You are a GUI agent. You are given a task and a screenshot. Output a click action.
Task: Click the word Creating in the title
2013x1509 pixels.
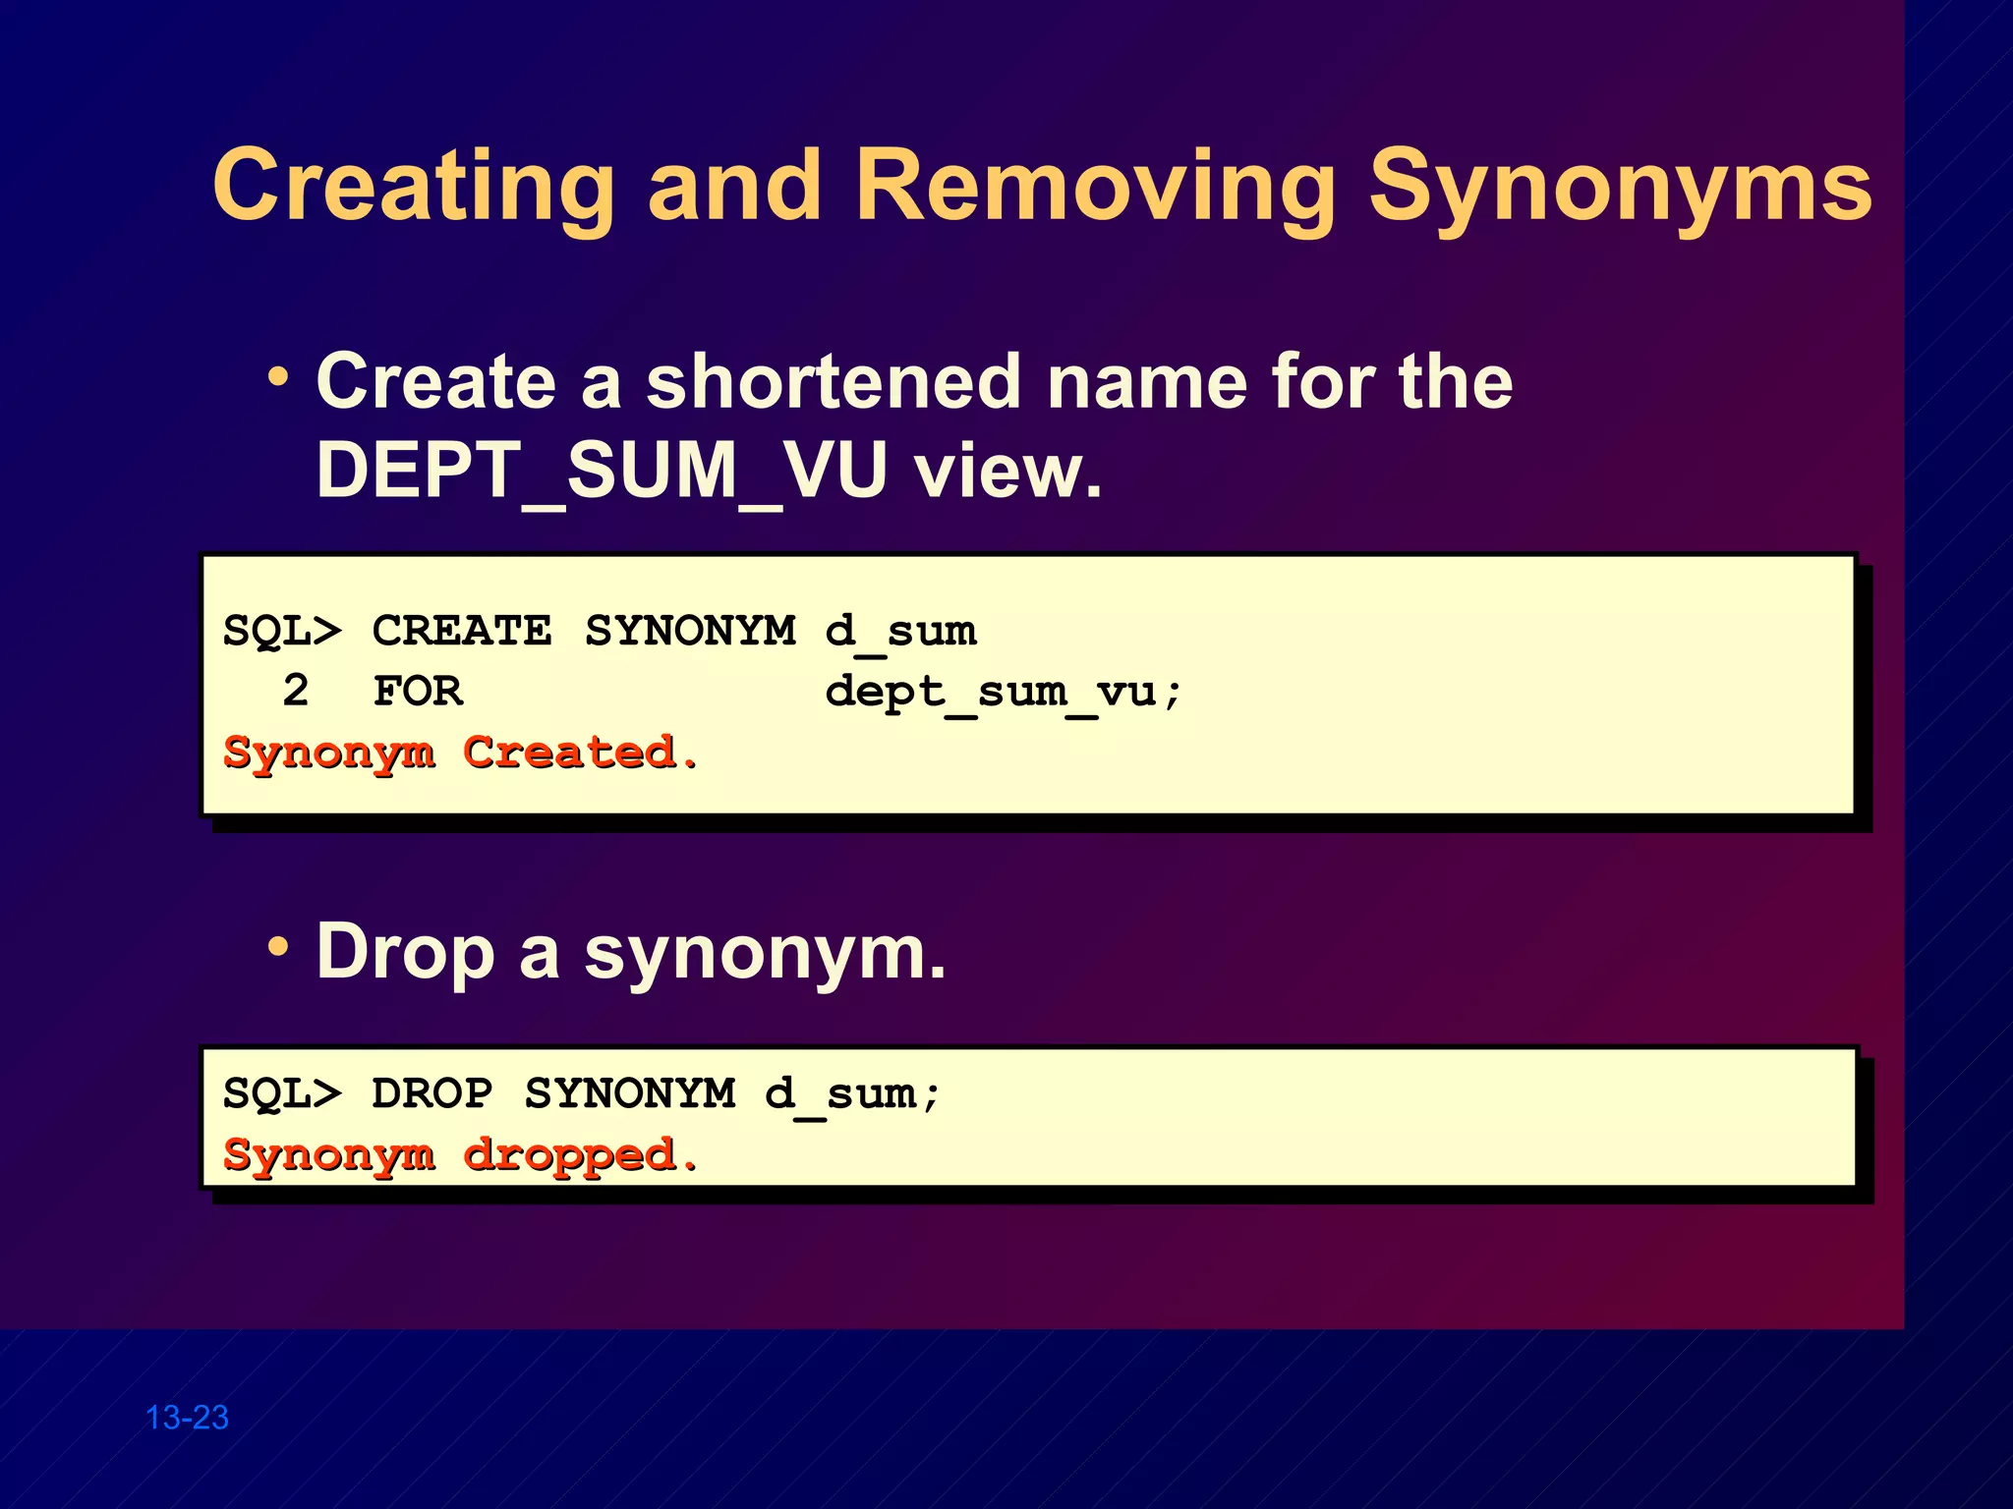[413, 187]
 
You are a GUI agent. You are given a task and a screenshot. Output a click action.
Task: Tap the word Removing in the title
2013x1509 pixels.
[1095, 187]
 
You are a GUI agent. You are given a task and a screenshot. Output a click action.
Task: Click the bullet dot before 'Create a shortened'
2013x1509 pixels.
[279, 377]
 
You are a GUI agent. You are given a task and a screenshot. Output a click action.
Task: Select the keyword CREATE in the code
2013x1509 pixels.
[462, 631]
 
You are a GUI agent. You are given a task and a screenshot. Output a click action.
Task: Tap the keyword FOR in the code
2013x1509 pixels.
[418, 692]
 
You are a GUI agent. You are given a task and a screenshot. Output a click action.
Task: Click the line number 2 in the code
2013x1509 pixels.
[295, 692]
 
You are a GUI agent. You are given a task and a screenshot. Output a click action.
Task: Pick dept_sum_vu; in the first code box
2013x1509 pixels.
[1003, 692]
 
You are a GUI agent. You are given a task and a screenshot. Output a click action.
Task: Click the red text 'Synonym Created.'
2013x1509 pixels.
[460, 754]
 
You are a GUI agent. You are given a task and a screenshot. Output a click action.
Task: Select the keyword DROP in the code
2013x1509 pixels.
[431, 1093]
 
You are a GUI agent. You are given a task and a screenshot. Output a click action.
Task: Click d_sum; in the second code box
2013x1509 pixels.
[852, 1093]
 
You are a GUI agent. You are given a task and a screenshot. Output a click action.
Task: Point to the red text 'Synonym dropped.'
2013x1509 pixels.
[460, 1155]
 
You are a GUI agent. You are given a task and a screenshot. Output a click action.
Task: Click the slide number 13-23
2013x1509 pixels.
[187, 1418]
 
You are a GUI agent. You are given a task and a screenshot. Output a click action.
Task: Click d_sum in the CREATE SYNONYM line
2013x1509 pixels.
[900, 631]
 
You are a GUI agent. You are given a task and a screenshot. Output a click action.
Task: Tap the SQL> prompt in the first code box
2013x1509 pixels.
[282, 631]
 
